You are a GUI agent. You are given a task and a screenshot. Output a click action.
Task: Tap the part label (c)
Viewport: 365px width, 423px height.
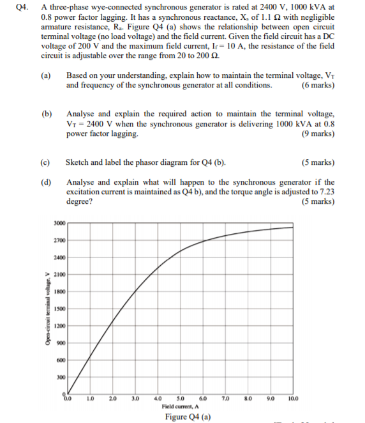point(45,162)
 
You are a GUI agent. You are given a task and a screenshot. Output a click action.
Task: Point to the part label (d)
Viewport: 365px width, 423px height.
point(46,182)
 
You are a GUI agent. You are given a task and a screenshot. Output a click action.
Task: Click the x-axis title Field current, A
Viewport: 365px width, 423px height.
point(181,406)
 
